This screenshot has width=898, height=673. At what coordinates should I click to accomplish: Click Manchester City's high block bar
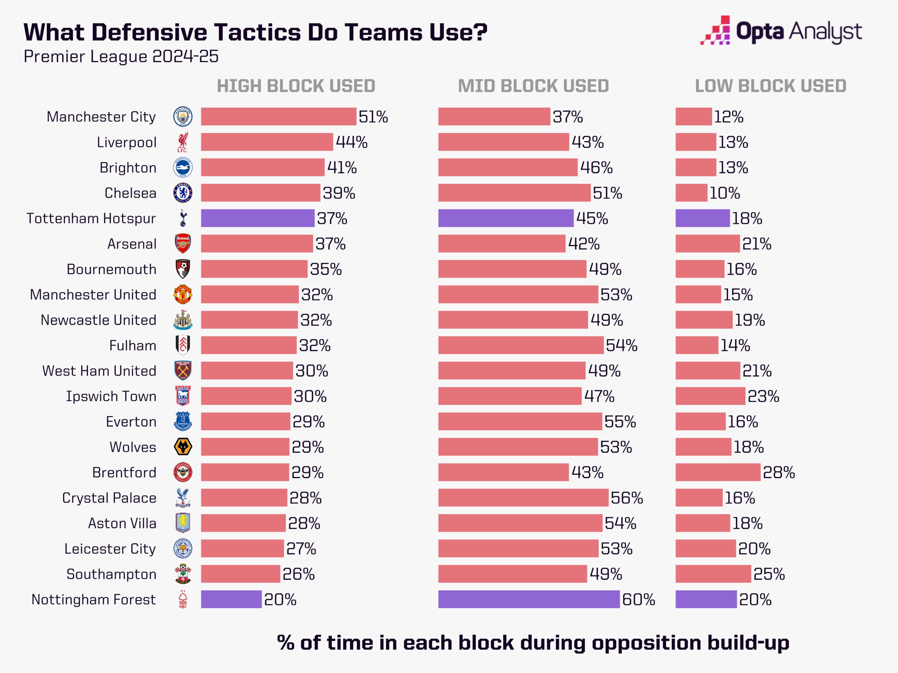pyautogui.click(x=279, y=116)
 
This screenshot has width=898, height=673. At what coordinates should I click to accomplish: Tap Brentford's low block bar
pyautogui.click(x=718, y=472)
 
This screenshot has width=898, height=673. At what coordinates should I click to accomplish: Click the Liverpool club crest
pyautogui.click(x=183, y=142)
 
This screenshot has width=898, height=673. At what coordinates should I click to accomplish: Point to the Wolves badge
pyautogui.click(x=183, y=447)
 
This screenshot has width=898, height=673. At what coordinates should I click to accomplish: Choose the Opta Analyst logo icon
pyautogui.click(x=715, y=30)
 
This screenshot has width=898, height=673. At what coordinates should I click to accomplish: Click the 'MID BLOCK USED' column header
pyautogui.click(x=534, y=86)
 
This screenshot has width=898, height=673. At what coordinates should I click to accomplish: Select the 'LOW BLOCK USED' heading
pyautogui.click(x=771, y=86)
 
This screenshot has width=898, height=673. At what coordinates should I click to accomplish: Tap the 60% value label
pyautogui.click(x=638, y=600)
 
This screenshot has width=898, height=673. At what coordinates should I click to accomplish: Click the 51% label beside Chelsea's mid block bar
pyautogui.click(x=607, y=193)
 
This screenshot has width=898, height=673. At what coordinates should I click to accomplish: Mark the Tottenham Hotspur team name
pyautogui.click(x=91, y=218)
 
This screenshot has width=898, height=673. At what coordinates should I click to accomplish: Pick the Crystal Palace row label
pyautogui.click(x=109, y=498)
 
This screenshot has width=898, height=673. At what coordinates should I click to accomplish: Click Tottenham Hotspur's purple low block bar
pyautogui.click(x=702, y=218)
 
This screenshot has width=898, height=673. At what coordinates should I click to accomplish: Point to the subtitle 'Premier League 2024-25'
pyautogui.click(x=121, y=56)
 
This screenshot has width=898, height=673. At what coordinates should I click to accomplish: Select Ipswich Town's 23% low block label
pyautogui.click(x=763, y=396)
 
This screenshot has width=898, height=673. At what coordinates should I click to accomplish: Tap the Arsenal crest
pyautogui.click(x=183, y=244)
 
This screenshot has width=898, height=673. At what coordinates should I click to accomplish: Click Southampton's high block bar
pyautogui.click(x=240, y=574)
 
